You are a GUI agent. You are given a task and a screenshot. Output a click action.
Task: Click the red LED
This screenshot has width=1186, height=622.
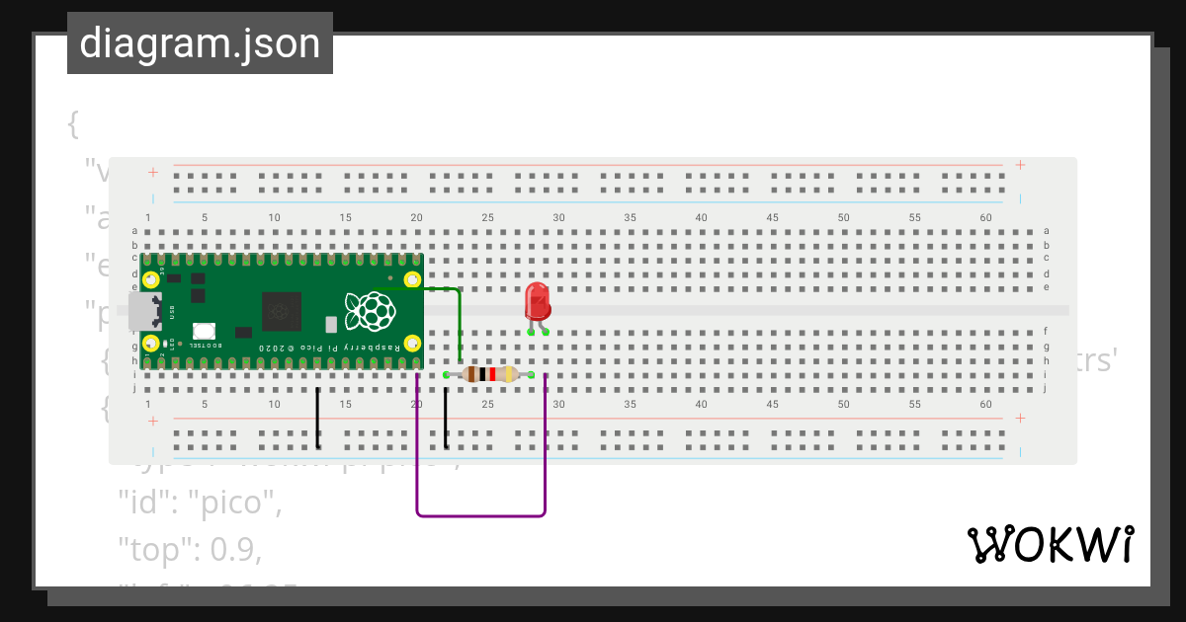click(538, 300)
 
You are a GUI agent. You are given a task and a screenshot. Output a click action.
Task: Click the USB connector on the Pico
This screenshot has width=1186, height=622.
click(144, 311)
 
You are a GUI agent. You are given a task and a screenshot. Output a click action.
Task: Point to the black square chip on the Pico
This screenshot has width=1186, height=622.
click(282, 313)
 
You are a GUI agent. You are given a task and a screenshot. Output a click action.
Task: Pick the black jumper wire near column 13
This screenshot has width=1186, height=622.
click(317, 419)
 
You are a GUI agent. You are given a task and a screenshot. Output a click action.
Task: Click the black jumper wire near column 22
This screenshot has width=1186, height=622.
click(446, 419)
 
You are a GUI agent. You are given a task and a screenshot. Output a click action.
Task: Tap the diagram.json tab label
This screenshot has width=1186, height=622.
click(200, 44)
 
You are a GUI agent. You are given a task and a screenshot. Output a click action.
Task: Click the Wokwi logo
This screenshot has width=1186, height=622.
click(1050, 544)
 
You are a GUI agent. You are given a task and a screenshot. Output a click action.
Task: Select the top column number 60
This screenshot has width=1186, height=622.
click(986, 217)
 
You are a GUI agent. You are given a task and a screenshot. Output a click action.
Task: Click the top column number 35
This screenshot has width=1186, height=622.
click(631, 217)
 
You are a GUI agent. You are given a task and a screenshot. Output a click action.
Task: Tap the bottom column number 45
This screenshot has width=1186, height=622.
click(773, 405)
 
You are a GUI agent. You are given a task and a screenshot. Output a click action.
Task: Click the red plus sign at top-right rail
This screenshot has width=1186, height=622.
click(1020, 165)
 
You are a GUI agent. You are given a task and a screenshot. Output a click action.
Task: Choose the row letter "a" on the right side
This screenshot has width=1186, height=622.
click(1046, 231)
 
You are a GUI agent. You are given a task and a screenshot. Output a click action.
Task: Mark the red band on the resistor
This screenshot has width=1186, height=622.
click(492, 374)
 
